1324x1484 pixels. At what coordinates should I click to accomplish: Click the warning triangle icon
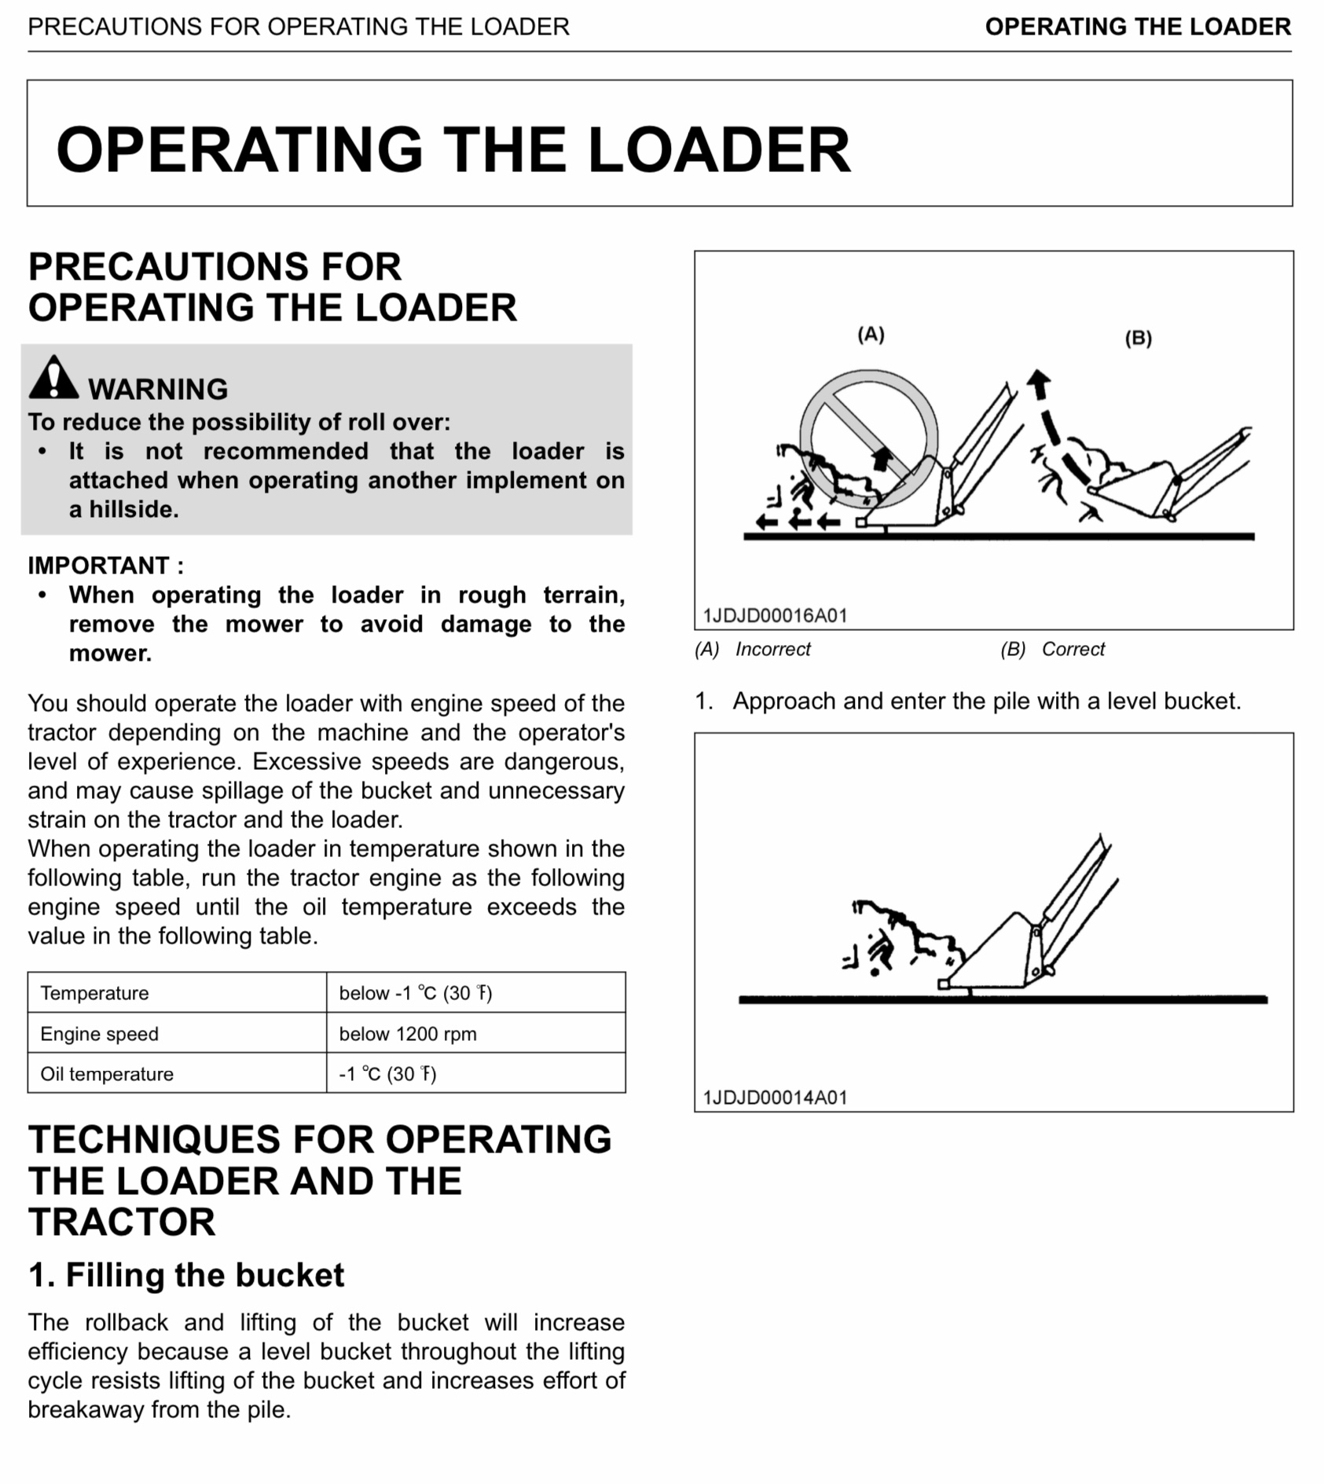point(53,377)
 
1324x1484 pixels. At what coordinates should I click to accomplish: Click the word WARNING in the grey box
point(158,389)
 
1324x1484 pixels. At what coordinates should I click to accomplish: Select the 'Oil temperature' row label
point(107,1074)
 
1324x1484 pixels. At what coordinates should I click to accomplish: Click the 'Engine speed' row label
point(99,1034)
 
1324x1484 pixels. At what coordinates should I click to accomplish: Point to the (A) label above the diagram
point(871,335)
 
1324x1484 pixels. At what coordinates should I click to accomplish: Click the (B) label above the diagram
point(1138,339)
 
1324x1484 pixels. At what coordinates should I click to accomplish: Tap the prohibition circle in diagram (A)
point(868,438)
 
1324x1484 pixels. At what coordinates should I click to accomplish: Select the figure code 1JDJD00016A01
point(775,615)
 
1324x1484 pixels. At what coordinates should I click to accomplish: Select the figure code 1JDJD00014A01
point(775,1097)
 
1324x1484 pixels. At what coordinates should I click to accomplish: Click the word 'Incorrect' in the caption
point(772,650)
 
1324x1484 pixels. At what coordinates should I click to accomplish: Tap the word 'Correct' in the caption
point(1073,650)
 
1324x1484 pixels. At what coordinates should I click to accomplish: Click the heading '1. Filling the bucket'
point(186,1275)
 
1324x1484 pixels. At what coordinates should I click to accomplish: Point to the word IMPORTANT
point(98,566)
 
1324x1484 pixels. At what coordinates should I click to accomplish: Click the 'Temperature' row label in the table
point(94,993)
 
